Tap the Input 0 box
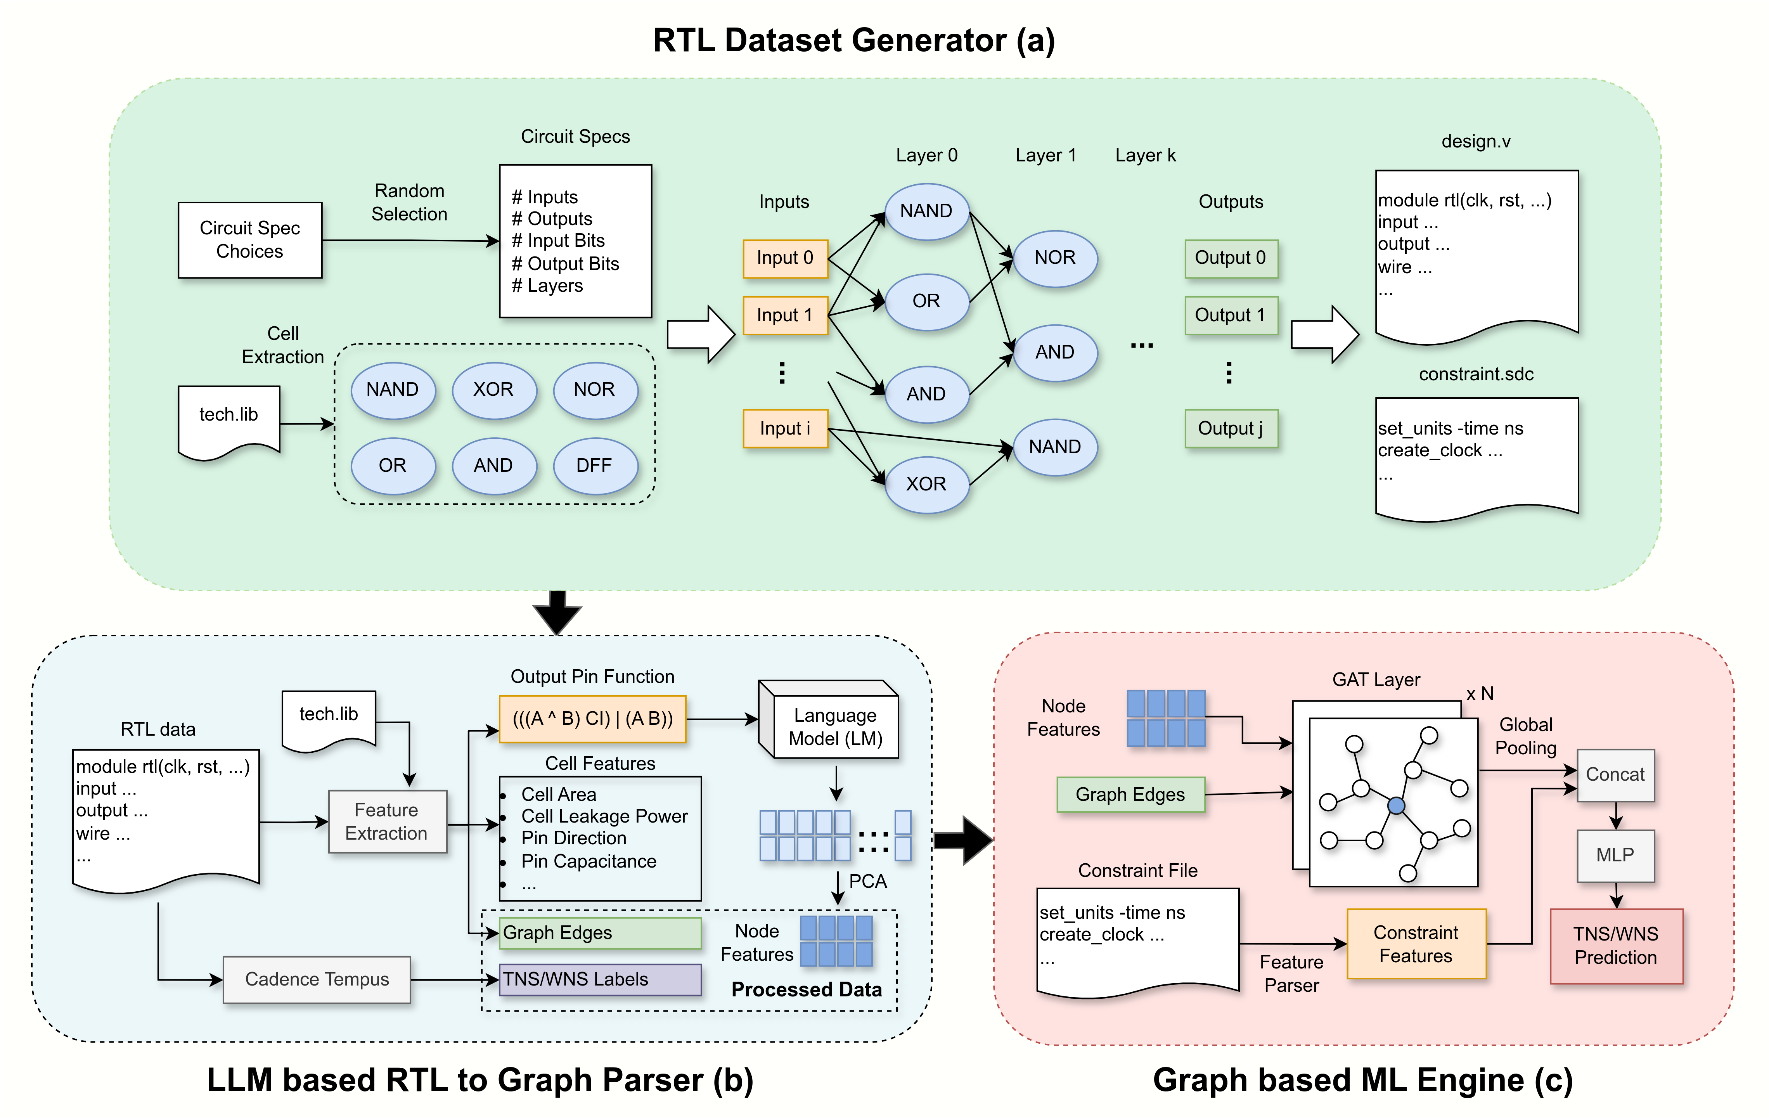[x=784, y=258]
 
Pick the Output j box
[x=1231, y=428]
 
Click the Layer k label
[x=1144, y=155]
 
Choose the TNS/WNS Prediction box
[x=1615, y=946]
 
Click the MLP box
[x=1615, y=855]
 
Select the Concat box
[x=1615, y=774]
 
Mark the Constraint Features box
[x=1416, y=944]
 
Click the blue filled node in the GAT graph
[x=1396, y=806]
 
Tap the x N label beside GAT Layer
[x=1480, y=694]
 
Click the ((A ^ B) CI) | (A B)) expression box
[x=592, y=719]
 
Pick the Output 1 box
[x=1231, y=315]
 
